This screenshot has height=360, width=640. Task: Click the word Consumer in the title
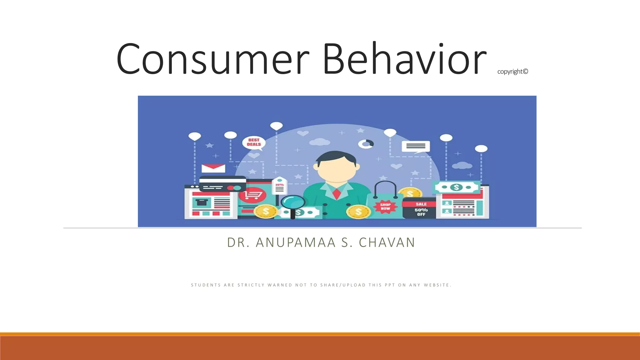pyautogui.click(x=212, y=59)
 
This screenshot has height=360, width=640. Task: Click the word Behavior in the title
pyautogui.click(x=404, y=59)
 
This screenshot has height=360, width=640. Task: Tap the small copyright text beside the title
pyautogui.click(x=512, y=72)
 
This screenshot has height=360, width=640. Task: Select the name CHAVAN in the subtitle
pyautogui.click(x=387, y=242)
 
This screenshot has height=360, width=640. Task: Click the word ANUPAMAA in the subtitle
pyautogui.click(x=296, y=242)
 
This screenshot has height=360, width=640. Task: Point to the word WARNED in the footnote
pyautogui.click(x=280, y=285)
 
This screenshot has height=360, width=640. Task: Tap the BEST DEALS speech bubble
pyautogui.click(x=254, y=142)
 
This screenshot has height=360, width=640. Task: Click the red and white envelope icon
pyautogui.click(x=213, y=168)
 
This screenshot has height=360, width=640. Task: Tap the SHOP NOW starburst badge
pyautogui.click(x=385, y=207)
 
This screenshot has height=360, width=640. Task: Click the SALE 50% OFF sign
pyautogui.click(x=421, y=208)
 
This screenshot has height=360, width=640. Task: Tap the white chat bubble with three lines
pyautogui.click(x=416, y=146)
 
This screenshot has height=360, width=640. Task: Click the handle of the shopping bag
pyautogui.click(x=386, y=187)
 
